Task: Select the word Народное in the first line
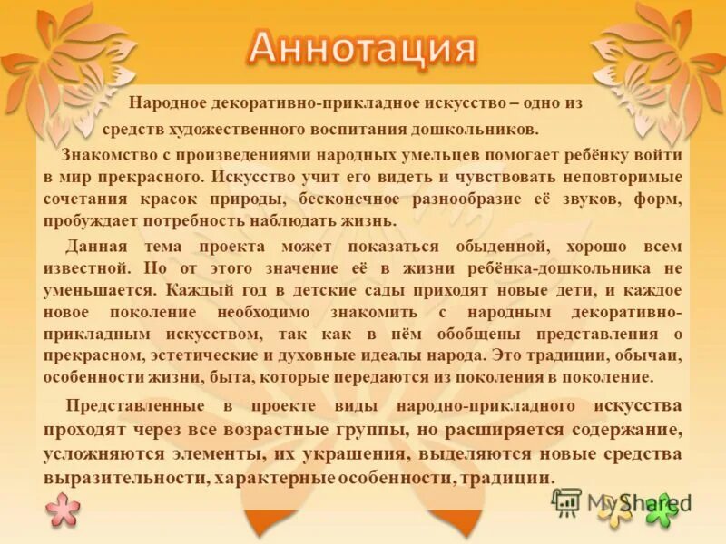[x=165, y=104]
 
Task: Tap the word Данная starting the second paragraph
[x=92, y=247]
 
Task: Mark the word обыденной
[x=499, y=247]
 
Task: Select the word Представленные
[x=130, y=406]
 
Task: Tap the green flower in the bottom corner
[x=662, y=510]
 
